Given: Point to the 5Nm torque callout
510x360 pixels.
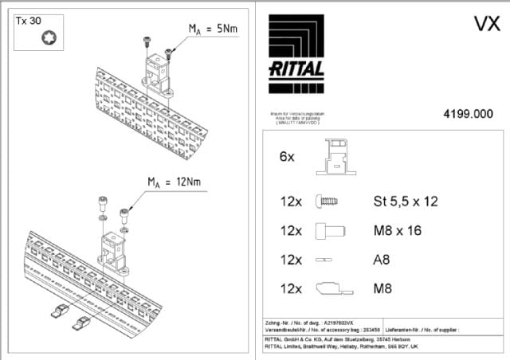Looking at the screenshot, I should (214, 29).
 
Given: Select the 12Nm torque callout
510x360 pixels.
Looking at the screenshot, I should (174, 182).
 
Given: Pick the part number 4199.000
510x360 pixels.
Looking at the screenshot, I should (468, 115).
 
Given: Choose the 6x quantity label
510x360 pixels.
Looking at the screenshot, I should (287, 158).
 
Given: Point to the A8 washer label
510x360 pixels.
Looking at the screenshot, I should (381, 260).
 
